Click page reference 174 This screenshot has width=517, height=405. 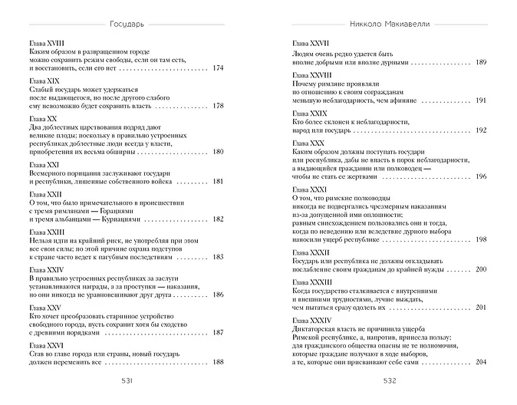pos(216,68)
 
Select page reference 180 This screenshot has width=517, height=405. pos(216,151)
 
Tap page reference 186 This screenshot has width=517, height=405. pos(216,294)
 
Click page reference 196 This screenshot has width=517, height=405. pos(481,176)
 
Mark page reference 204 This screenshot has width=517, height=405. pos(481,361)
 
